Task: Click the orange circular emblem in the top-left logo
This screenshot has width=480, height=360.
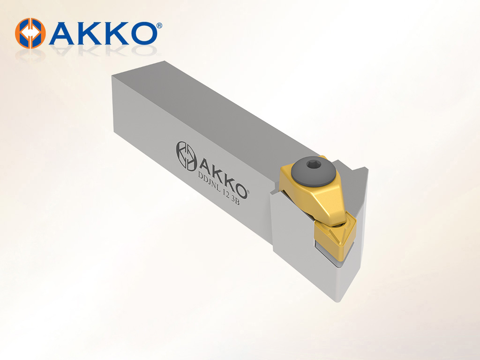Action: [x=30, y=33]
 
